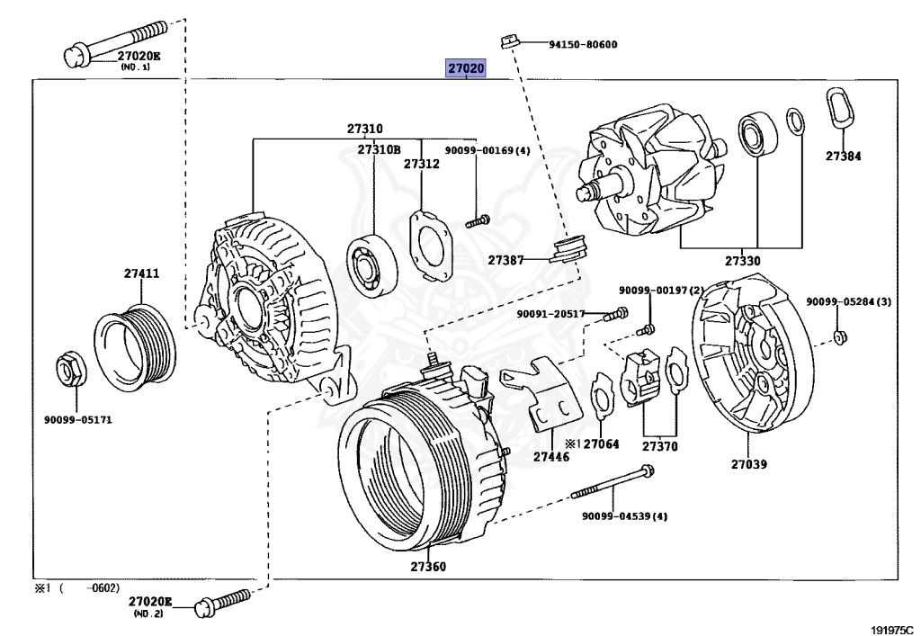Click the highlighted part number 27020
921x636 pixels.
(467, 68)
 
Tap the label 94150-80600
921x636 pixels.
(583, 44)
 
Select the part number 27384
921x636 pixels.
(843, 156)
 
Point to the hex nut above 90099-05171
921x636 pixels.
(71, 369)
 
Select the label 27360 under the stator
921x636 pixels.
(427, 567)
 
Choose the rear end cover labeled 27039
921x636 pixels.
(753, 357)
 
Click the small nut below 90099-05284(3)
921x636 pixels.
(840, 337)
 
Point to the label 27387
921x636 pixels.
(505, 260)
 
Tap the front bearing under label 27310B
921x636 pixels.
(371, 264)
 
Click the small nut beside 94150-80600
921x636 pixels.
(509, 41)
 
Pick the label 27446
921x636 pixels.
(551, 456)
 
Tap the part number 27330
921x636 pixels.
(742, 261)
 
